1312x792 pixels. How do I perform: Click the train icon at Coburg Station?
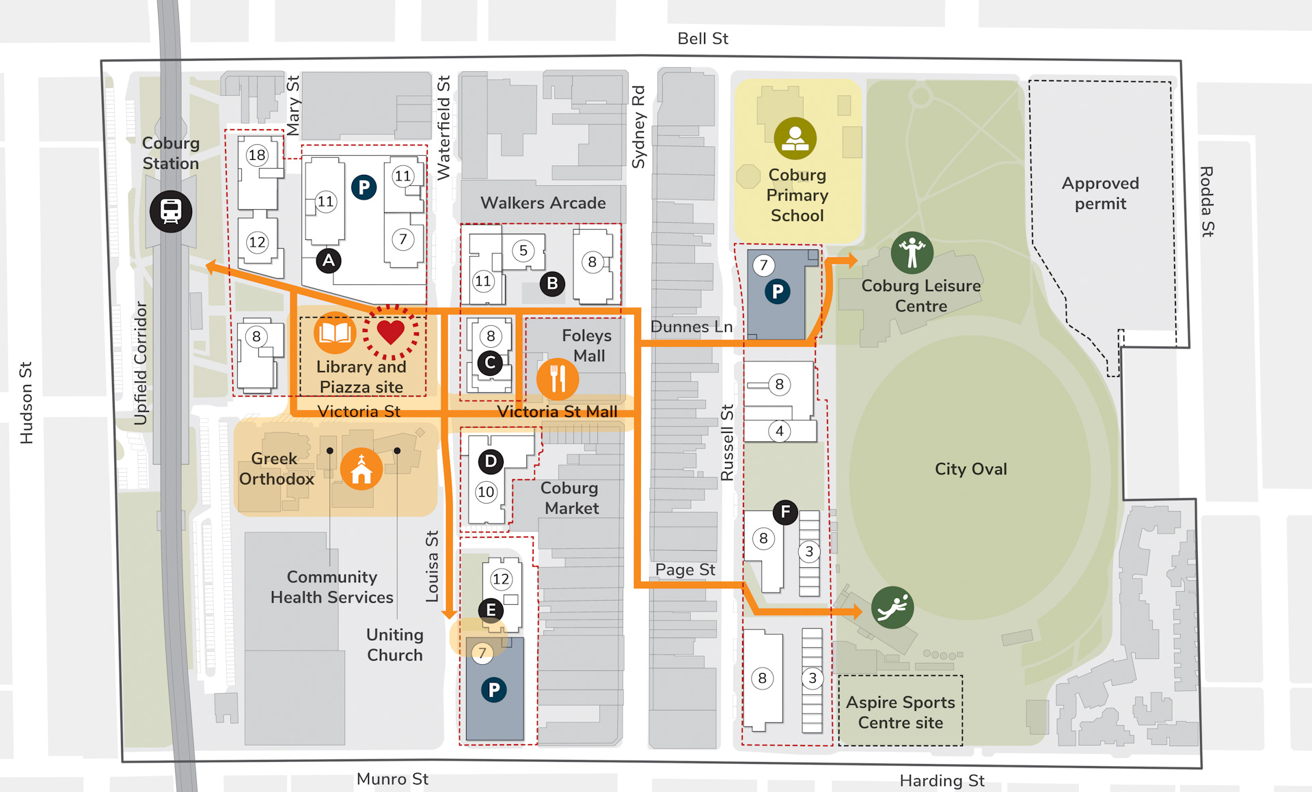(171, 211)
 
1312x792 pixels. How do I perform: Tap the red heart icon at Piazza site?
(391, 332)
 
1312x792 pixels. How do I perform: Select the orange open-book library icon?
(335, 333)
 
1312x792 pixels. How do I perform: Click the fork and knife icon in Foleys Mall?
(558, 379)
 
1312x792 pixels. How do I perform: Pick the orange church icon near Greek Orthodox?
(361, 469)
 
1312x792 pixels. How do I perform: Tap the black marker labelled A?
(329, 260)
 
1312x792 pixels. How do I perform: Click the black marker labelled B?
(552, 284)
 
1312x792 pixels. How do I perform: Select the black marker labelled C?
(490, 363)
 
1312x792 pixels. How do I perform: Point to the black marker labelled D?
(491, 462)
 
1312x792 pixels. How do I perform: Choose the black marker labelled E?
(491, 610)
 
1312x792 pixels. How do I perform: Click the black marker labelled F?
(785, 512)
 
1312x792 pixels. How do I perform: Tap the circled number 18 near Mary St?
(257, 155)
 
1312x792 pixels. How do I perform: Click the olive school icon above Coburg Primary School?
(795, 138)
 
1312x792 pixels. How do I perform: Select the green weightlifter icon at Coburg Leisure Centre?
(912, 253)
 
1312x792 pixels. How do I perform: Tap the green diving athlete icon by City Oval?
(892, 607)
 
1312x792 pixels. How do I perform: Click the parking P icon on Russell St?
(778, 292)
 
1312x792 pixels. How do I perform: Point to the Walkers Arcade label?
(543, 203)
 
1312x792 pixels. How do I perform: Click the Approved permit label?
(1100, 193)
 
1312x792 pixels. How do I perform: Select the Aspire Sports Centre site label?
(900, 712)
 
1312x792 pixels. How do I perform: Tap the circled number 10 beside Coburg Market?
(486, 492)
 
